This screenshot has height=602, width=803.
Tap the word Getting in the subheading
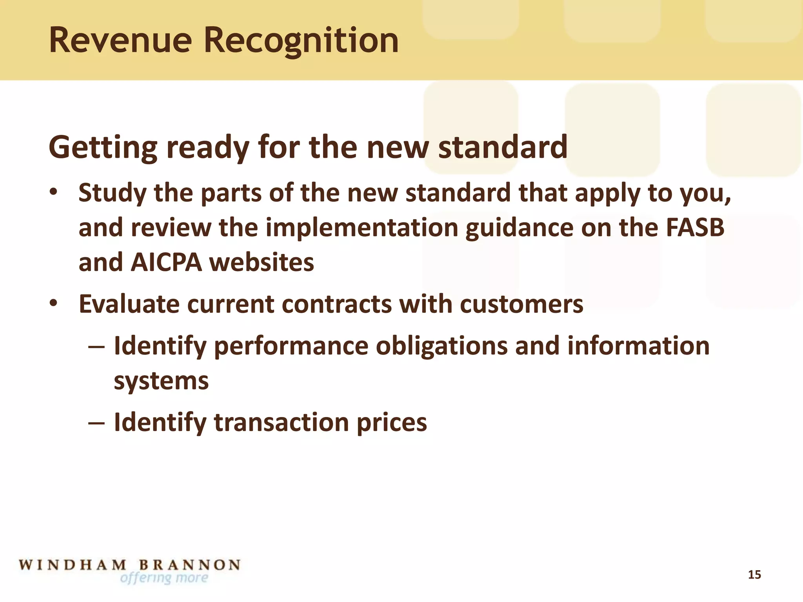[102, 148]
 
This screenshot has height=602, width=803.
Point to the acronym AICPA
[166, 262]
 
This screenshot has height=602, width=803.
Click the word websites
[262, 262]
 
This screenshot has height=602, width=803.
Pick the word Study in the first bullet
[112, 194]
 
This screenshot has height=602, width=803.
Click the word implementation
[362, 228]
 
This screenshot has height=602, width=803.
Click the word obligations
[441, 346]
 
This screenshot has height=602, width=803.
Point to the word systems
[161, 381]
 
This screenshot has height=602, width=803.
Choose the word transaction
[281, 422]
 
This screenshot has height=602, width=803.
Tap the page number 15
[754, 575]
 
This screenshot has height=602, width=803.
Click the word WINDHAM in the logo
[73, 565]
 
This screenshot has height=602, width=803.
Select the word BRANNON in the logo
[190, 565]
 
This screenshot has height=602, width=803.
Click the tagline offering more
[164, 578]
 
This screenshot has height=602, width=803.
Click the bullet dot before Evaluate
[54, 303]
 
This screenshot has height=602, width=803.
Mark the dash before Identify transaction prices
[96, 423]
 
